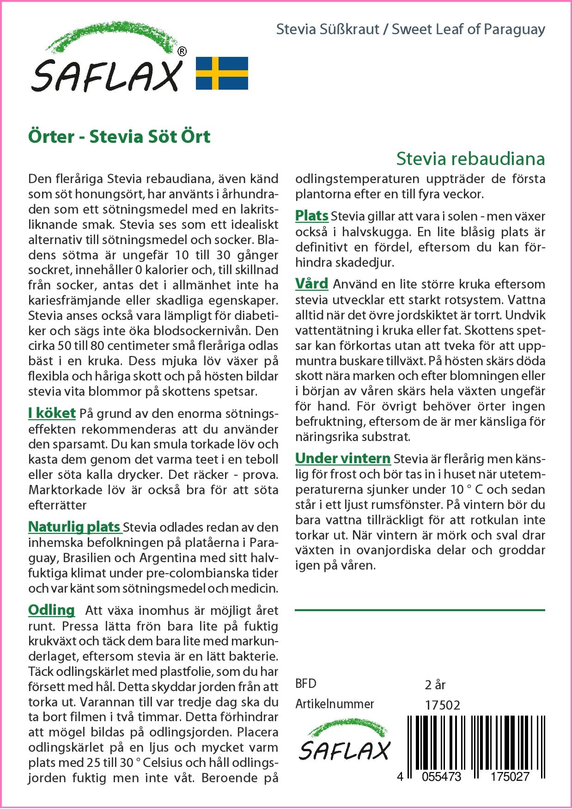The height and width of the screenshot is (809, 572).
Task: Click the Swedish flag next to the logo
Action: tap(222, 73)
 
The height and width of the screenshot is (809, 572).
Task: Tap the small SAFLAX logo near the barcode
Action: tap(345, 745)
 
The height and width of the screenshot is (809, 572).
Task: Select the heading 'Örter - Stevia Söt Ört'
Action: tap(119, 137)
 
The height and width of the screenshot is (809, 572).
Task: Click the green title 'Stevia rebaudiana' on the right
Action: tap(470, 159)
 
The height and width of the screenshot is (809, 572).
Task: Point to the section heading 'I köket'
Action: tap(52, 413)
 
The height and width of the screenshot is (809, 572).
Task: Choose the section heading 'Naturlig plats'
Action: tap(74, 527)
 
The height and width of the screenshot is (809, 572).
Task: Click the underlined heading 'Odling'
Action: tap(51, 610)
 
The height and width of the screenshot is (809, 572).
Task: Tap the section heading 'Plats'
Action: tap(311, 215)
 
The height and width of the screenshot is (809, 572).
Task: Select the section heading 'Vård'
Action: tap(311, 283)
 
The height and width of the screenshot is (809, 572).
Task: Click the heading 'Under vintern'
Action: tap(343, 458)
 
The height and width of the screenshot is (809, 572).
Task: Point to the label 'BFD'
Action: tap(306, 684)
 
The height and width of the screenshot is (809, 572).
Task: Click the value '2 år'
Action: tap(435, 684)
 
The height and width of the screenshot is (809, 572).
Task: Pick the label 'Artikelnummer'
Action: tap(335, 704)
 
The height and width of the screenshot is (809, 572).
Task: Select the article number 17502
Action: tap(442, 705)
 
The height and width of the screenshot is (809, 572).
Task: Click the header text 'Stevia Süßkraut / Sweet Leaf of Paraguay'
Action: tap(410, 29)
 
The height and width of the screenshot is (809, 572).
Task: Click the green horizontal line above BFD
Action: tap(420, 610)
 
